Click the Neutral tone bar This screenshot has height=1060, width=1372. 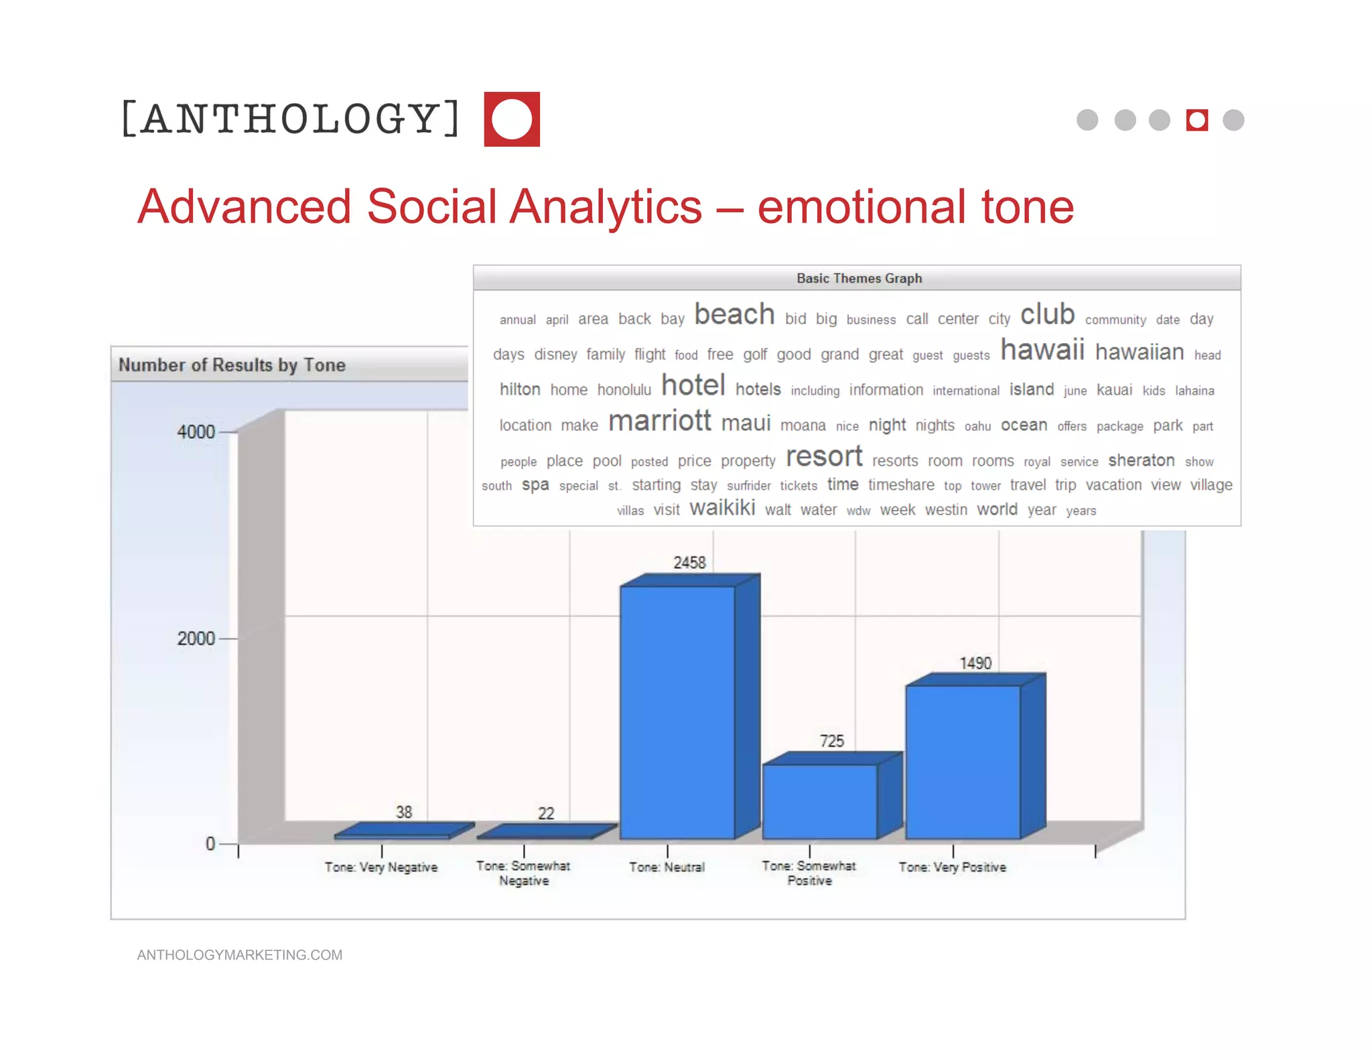(677, 712)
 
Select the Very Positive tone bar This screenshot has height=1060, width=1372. (963, 762)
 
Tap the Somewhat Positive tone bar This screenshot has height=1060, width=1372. (819, 801)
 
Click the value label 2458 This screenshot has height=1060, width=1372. (689, 563)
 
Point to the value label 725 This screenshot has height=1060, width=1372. (831, 741)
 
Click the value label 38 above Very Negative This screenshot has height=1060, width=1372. (404, 812)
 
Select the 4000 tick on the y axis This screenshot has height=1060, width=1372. (196, 432)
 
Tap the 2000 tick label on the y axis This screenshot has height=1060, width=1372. (196, 639)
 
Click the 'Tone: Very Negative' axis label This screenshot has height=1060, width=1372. (381, 867)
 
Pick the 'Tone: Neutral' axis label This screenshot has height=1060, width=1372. (667, 867)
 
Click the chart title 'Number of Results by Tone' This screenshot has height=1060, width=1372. (232, 365)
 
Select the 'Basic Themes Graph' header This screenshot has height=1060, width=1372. (859, 278)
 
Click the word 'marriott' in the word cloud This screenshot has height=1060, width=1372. (659, 421)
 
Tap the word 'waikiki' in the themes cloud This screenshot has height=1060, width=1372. (722, 509)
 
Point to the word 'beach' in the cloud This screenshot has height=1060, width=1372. (734, 315)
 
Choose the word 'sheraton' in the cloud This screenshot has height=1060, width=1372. (1141, 460)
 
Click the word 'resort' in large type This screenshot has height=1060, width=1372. (824, 457)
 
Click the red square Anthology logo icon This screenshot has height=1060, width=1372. (512, 119)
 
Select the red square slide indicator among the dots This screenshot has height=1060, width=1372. (1196, 120)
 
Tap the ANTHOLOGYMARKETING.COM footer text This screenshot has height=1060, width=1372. (240, 955)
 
